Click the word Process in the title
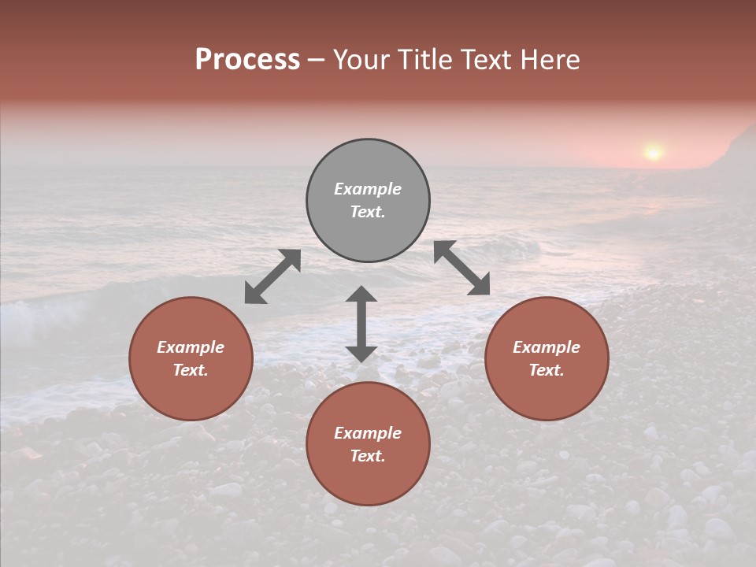(x=247, y=60)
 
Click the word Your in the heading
(x=361, y=60)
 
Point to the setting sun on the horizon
(x=652, y=151)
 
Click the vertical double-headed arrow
(x=361, y=324)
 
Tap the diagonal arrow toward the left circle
(x=272, y=276)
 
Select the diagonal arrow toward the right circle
(x=462, y=268)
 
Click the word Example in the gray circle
(x=368, y=189)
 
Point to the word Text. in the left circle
(x=191, y=370)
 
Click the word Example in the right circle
(x=547, y=347)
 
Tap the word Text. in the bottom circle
(x=368, y=456)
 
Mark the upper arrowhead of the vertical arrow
(x=361, y=295)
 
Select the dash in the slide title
(x=317, y=60)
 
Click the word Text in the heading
(x=487, y=60)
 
